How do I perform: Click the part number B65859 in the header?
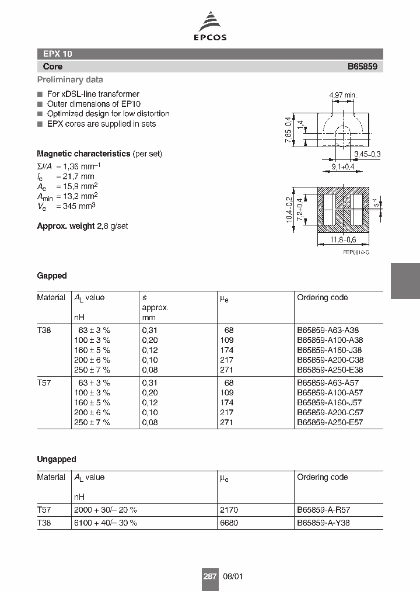(362, 67)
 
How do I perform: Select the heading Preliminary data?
(70, 79)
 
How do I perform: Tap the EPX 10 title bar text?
(57, 54)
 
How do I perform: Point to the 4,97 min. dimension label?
(342, 95)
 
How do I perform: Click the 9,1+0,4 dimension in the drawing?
(344, 167)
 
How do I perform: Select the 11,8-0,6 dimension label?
(343, 240)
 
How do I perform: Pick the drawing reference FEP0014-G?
(356, 251)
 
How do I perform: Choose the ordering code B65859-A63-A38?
(330, 331)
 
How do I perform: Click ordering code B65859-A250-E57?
(330, 422)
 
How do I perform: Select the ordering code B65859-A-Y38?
(323, 523)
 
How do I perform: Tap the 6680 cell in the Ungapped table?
(228, 523)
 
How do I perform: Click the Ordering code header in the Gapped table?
(322, 297)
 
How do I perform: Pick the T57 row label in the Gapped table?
(44, 383)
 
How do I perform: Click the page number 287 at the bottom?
(209, 576)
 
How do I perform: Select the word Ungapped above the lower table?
(57, 460)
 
